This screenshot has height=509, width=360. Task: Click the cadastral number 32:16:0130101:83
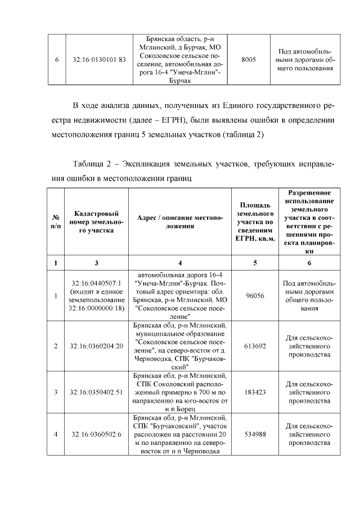click(99, 59)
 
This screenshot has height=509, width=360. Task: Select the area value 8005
click(249, 59)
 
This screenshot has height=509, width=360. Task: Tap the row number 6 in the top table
click(56, 59)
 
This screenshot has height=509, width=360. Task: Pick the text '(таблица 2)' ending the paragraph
click(244, 136)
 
